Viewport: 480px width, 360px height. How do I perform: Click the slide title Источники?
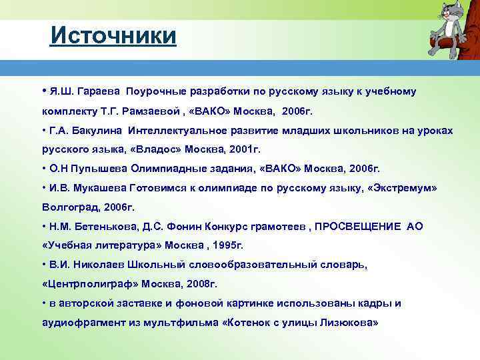pyautogui.click(x=113, y=35)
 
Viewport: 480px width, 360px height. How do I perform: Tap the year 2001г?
pyautogui.click(x=242, y=149)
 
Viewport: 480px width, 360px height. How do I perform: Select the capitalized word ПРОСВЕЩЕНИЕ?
pyautogui.click(x=359, y=226)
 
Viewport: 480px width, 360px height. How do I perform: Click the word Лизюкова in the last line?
pyautogui.click(x=346, y=322)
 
